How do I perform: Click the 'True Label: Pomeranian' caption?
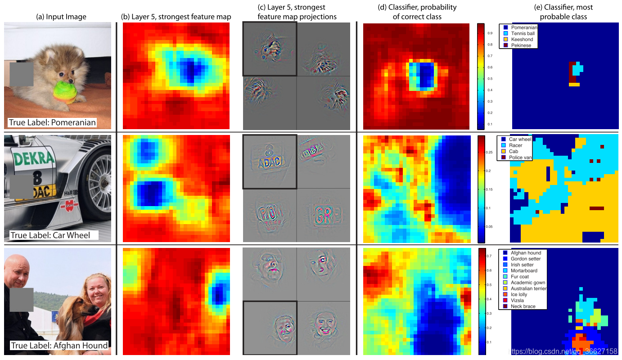52,122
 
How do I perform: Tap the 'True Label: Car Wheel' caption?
50,235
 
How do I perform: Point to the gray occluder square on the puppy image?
22,74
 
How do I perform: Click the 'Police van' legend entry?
520,157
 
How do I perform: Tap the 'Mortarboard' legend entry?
525,271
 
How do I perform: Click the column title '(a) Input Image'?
61,18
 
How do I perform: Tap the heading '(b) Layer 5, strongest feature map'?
176,17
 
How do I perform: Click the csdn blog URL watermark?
562,351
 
